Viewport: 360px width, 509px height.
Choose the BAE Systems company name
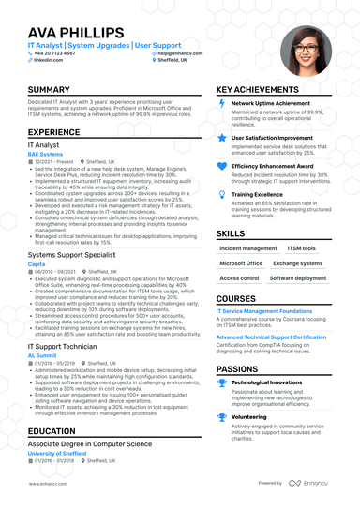point(44,155)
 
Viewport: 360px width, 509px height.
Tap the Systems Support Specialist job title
point(73,255)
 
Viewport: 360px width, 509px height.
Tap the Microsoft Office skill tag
point(241,263)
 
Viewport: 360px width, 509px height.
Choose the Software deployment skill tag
point(298,278)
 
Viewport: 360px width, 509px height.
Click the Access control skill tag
point(240,278)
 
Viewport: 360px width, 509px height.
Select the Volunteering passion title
point(250,417)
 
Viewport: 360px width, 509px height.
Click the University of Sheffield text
point(57,454)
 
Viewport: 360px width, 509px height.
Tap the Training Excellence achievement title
point(257,194)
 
